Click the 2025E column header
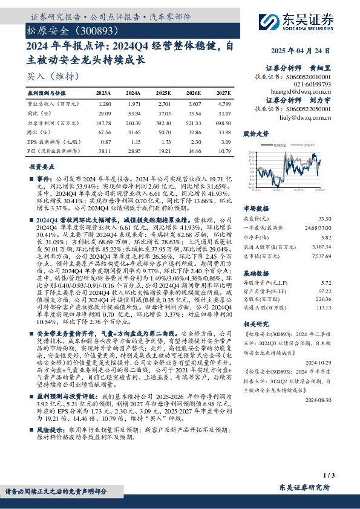163,93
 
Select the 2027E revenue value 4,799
223,105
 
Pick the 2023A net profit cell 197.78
105,123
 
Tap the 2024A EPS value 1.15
134,140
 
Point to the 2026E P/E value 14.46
194,149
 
